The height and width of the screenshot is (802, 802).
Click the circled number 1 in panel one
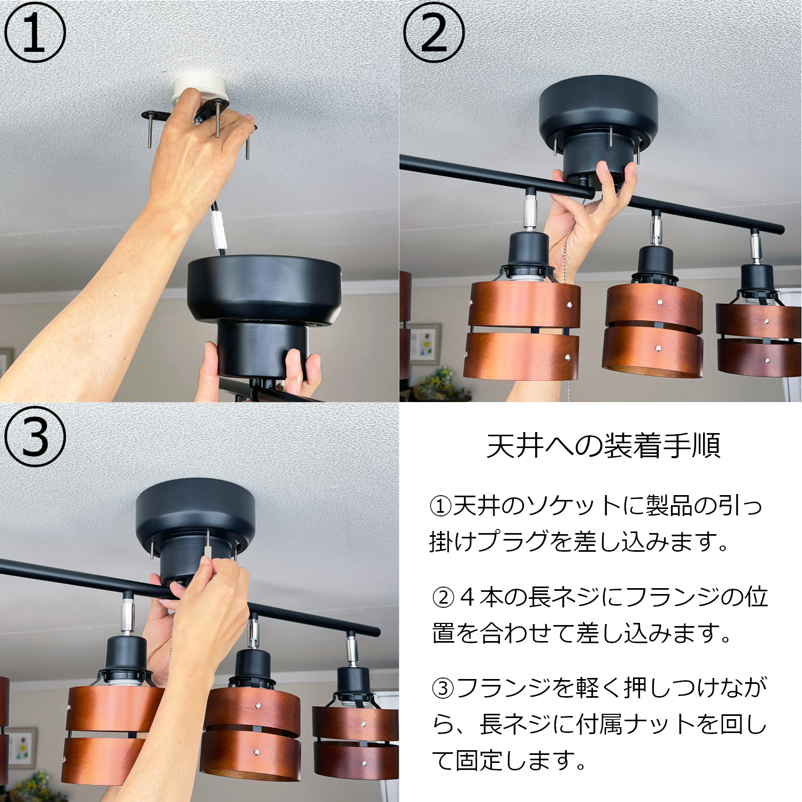(x=35, y=33)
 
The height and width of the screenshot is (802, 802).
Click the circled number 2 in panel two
(x=434, y=33)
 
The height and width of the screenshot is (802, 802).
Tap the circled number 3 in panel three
(x=35, y=436)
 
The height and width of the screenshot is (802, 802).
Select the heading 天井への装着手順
(x=603, y=445)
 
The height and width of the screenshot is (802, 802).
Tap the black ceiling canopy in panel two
(x=598, y=110)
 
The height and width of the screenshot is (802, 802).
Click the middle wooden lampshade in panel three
(x=251, y=732)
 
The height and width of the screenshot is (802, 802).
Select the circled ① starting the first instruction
(x=441, y=506)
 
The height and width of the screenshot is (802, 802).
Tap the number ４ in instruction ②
(x=467, y=597)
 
